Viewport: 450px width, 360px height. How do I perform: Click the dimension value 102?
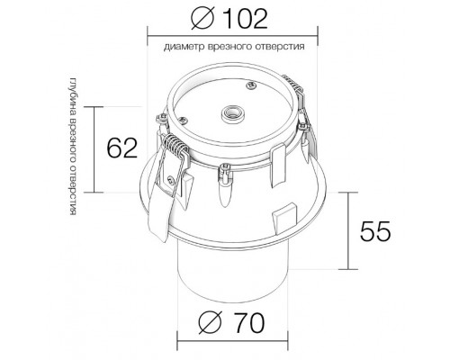(245, 19)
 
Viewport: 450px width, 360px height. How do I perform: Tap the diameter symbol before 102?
(202, 19)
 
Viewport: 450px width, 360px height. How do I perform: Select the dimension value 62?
(122, 148)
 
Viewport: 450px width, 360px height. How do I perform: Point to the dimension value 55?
(375, 231)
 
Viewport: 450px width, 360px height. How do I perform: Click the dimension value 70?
(249, 323)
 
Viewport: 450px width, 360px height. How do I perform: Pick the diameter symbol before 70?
(210, 323)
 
